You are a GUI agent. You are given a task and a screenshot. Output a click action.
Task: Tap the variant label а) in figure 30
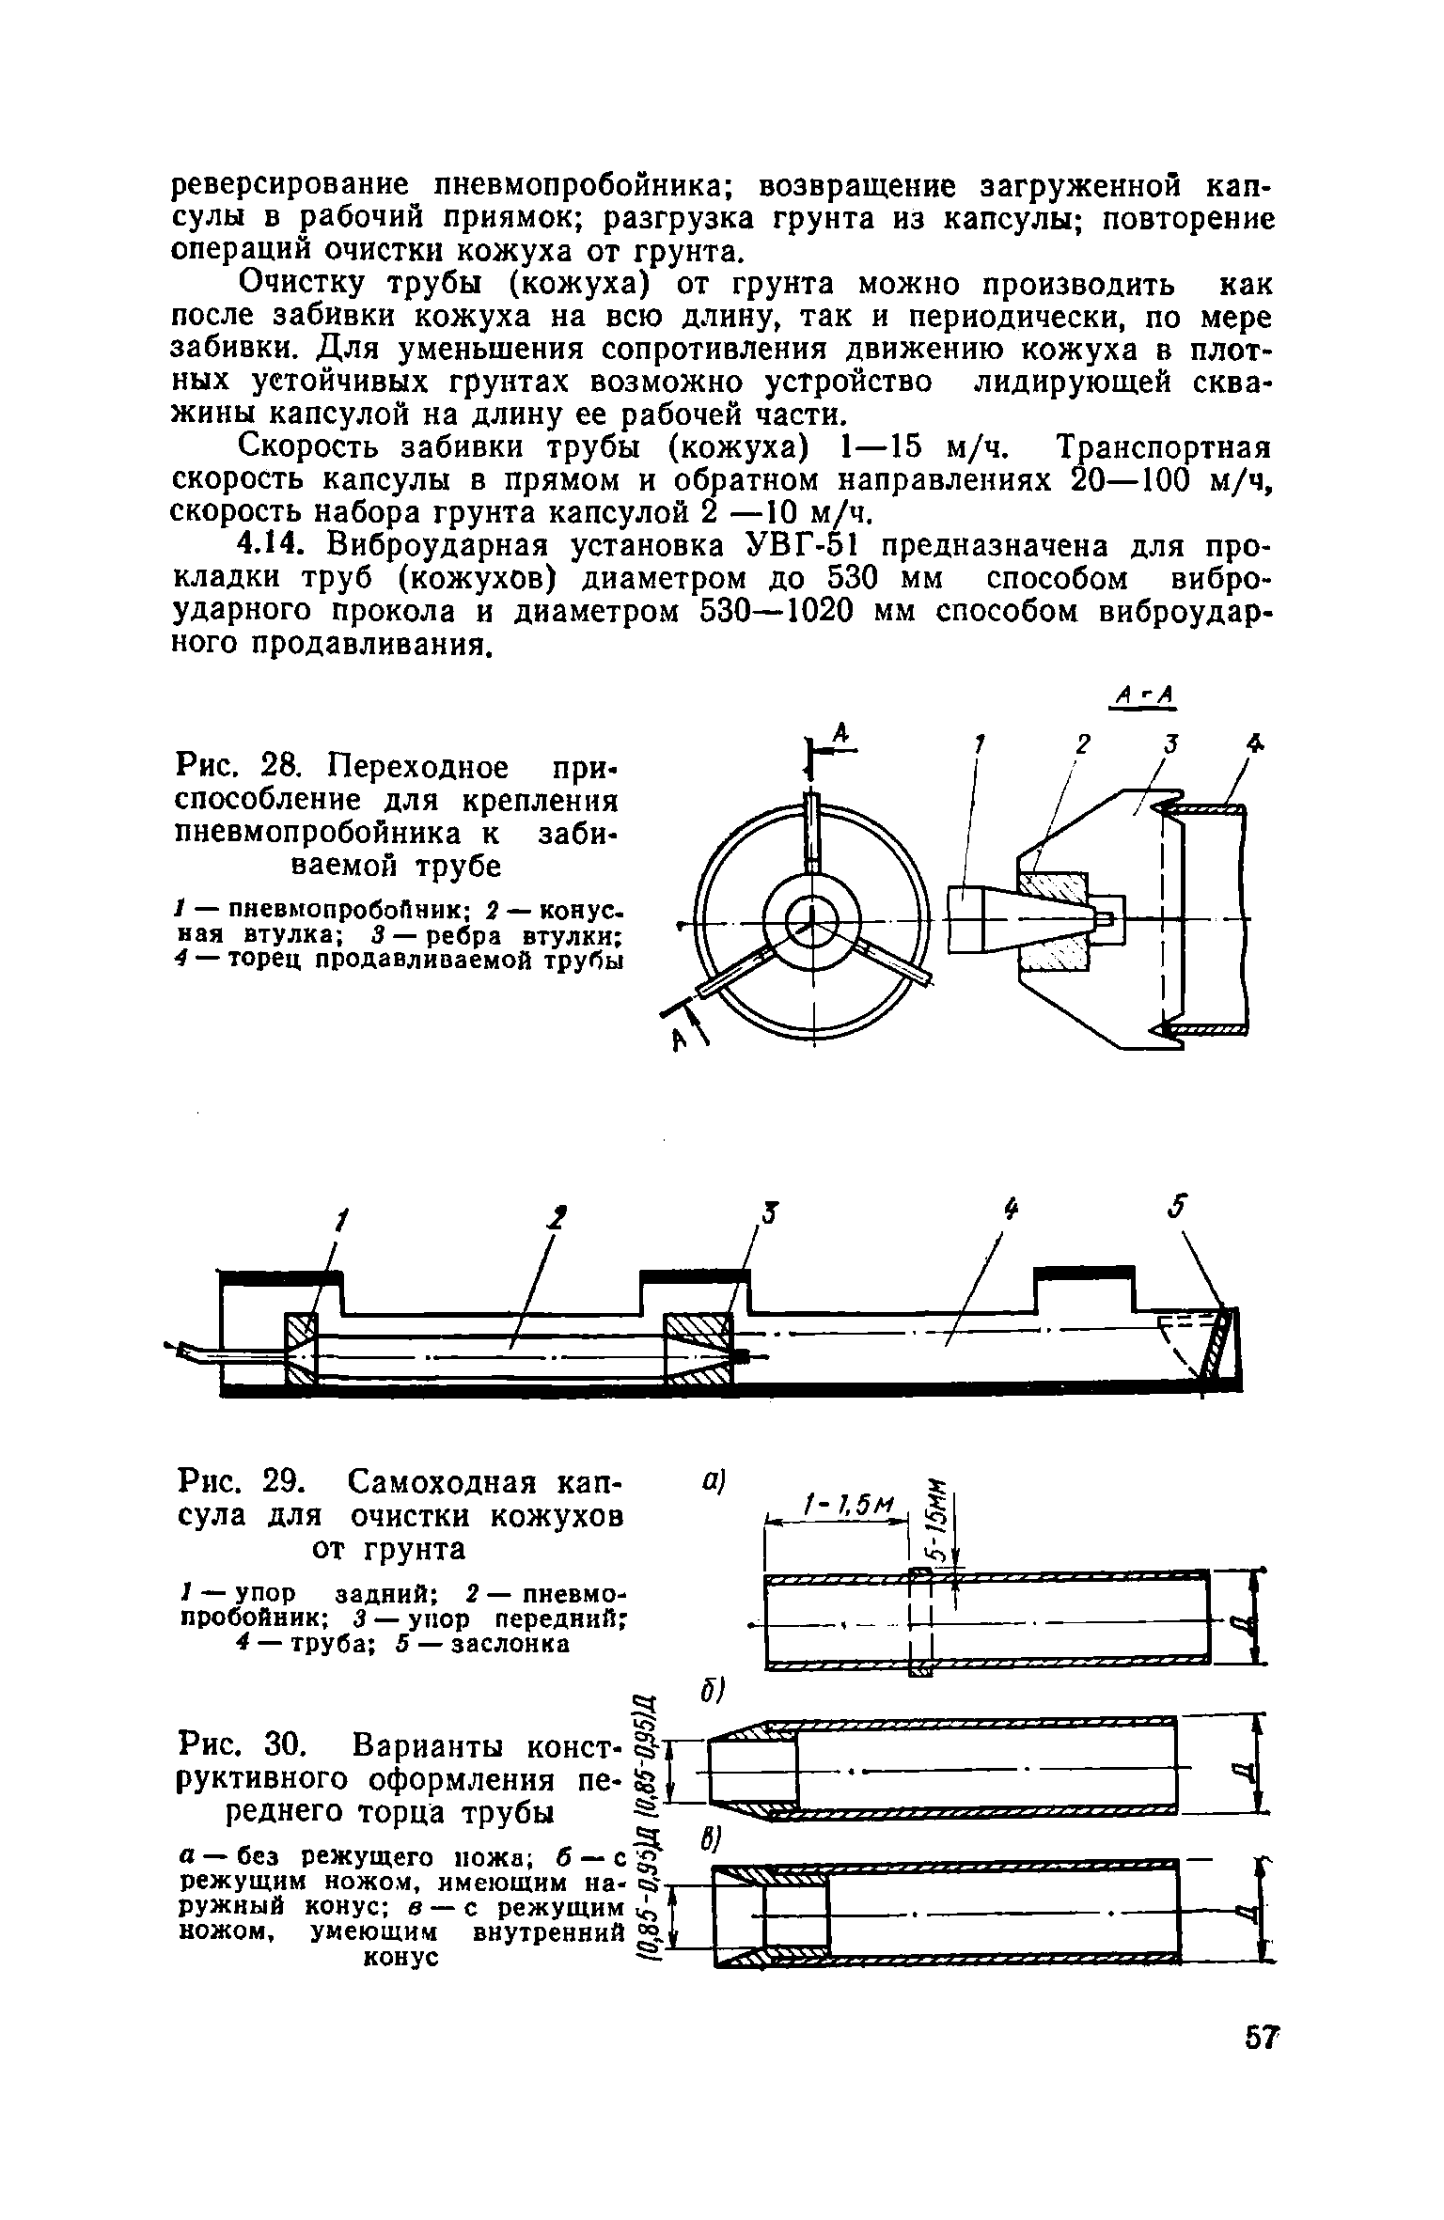[711, 1480]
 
